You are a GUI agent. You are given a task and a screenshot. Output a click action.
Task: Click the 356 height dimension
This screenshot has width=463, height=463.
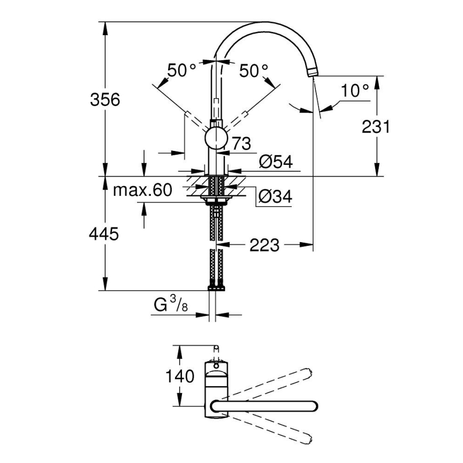pos(105,99)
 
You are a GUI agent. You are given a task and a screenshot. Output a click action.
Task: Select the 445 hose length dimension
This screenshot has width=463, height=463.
pos(105,234)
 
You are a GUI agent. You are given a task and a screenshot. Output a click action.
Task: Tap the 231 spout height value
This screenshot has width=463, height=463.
pos(376,126)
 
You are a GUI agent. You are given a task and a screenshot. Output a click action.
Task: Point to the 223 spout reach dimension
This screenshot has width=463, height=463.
pos(264,245)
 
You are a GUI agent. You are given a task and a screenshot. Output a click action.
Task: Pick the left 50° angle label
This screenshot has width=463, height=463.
pos(182,70)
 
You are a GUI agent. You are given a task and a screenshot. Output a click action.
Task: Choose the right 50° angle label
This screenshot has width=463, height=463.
pos(253,70)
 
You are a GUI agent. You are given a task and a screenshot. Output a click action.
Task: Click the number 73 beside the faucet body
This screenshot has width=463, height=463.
pos(241,143)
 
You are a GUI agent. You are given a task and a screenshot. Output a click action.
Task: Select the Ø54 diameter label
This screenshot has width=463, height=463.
pos(276,162)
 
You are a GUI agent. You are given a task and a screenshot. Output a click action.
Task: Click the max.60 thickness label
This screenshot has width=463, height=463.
pos(142,190)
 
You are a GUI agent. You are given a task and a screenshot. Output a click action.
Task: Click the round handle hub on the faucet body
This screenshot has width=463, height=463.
pos(215,138)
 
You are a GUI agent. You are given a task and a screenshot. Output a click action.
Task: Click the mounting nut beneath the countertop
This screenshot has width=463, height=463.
pos(215,200)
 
